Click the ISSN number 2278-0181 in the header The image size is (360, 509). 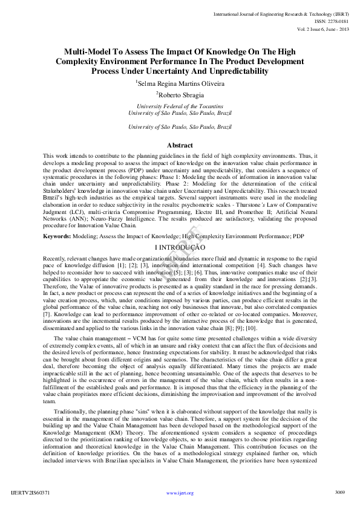coord(331,21)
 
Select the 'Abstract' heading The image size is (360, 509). coord(180,145)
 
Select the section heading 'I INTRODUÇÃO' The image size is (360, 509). coord(180,248)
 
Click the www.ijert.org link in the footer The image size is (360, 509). coord(180,493)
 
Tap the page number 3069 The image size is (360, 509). coord(339,493)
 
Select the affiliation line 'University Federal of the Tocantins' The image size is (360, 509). coord(180,106)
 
